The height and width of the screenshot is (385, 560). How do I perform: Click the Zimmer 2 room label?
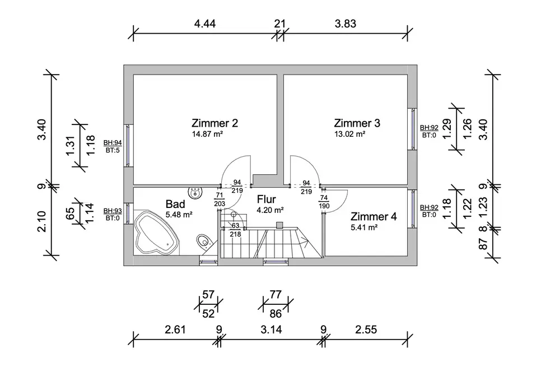(x=214, y=123)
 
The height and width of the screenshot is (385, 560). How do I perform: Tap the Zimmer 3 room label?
(x=357, y=123)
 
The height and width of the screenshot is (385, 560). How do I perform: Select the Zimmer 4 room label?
(x=374, y=217)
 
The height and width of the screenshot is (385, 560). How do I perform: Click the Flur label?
(x=268, y=199)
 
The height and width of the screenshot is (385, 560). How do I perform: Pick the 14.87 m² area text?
(x=207, y=134)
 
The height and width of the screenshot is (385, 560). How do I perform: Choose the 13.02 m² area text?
(x=350, y=134)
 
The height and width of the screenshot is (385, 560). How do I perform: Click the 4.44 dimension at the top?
(x=205, y=24)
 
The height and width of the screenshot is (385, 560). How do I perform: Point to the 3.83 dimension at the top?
(x=346, y=24)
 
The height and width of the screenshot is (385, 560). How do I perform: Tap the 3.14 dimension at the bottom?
(x=270, y=330)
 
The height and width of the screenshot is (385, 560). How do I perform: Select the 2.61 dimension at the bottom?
(x=176, y=330)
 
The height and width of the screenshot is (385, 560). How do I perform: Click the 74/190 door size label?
(x=324, y=202)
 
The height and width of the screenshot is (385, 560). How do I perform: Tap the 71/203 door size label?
(x=220, y=199)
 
